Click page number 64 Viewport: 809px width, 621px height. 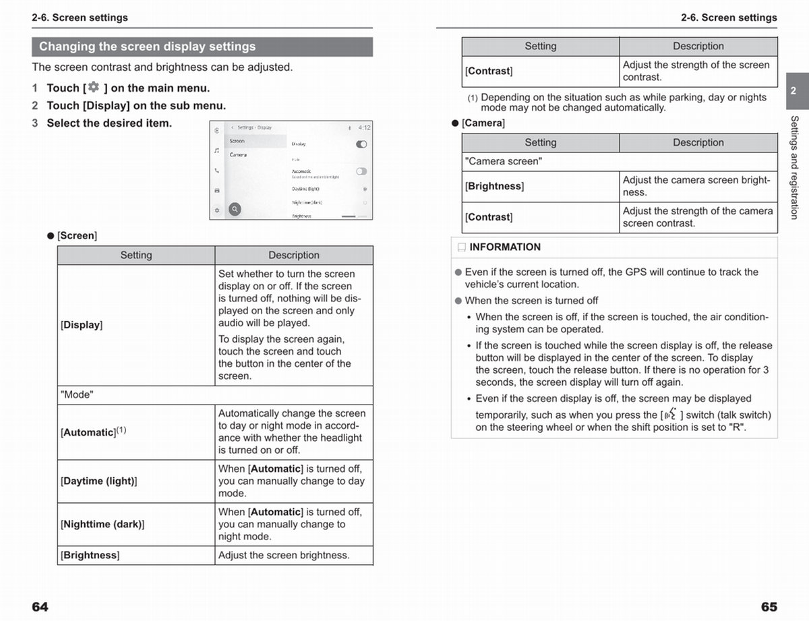click(40, 607)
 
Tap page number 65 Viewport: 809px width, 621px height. click(769, 607)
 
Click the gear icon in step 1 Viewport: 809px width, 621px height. click(93, 88)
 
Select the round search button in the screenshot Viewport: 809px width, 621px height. click(235, 209)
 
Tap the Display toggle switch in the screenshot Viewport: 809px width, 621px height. click(361, 144)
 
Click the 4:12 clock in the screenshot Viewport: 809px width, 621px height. click(364, 127)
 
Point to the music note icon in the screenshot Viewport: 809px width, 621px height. click(216, 151)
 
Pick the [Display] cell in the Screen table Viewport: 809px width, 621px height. click(82, 325)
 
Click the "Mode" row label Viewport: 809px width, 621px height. click(77, 395)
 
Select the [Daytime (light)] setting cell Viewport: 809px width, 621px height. click(99, 481)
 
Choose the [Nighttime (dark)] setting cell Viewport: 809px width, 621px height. click(102, 525)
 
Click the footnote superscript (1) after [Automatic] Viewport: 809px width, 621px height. click(121, 430)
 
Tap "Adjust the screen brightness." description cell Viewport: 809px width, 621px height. click(284, 556)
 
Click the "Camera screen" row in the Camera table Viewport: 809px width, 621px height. click(503, 162)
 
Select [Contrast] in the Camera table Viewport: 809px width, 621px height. click(489, 217)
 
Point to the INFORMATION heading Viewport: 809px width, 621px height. click(505, 247)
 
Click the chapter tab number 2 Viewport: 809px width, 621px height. click(793, 91)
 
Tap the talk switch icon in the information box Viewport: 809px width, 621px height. click(671, 414)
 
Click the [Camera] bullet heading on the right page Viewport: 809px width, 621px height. click(483, 123)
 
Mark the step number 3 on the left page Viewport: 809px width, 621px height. click(35, 123)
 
